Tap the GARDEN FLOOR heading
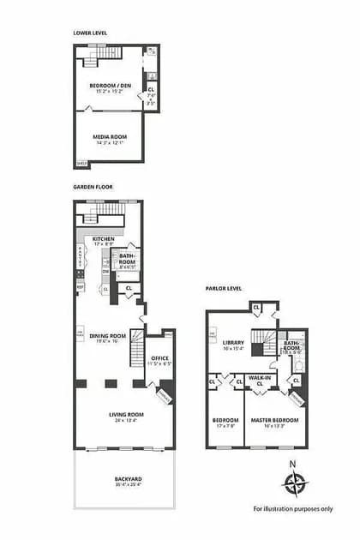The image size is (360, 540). click(93, 186)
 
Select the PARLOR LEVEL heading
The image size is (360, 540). click(223, 288)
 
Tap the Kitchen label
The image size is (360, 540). click(104, 239)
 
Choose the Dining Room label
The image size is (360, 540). click(108, 335)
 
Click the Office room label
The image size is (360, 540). click(160, 358)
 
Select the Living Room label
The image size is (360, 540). click(123, 416)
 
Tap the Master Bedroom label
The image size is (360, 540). click(274, 419)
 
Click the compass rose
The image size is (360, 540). click(294, 485)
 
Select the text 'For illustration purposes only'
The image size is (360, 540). click(293, 508)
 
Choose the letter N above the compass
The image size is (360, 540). click(294, 465)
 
